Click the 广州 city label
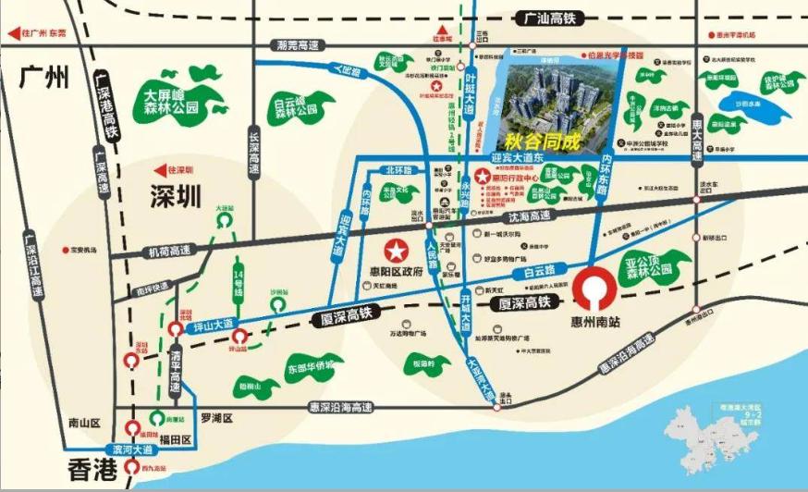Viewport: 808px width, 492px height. click(x=44, y=77)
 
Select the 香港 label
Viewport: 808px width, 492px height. click(x=94, y=469)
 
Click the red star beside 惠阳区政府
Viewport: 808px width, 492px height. click(x=397, y=251)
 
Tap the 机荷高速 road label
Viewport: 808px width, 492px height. click(x=170, y=251)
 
